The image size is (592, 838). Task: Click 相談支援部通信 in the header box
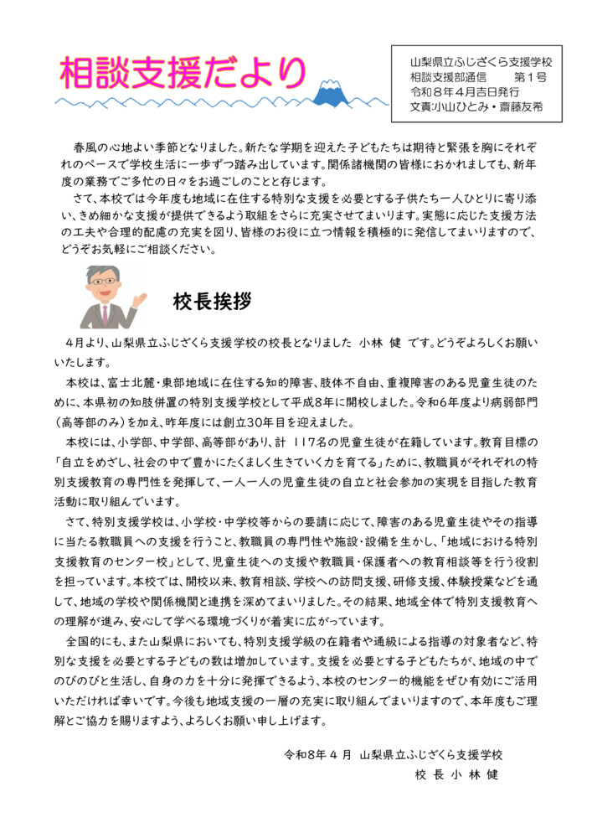coord(447,78)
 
